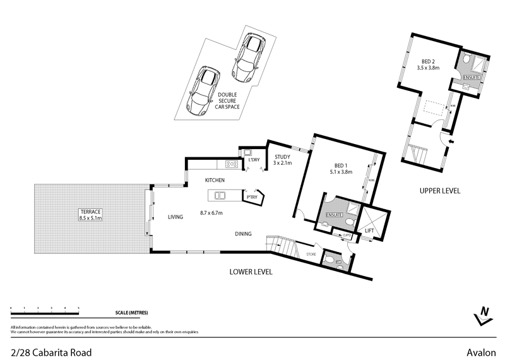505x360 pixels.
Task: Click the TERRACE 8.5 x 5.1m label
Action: (91, 214)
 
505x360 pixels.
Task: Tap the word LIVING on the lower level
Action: (175, 217)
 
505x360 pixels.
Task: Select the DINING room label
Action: (243, 234)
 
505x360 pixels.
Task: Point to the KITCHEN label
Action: (215, 181)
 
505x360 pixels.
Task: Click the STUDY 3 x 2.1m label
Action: (282, 160)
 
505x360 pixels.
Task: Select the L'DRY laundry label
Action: (254, 160)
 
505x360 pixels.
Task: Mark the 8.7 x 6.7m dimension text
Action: (211, 213)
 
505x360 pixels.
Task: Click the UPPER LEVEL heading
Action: (440, 190)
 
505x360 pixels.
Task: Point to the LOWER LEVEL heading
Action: (251, 272)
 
